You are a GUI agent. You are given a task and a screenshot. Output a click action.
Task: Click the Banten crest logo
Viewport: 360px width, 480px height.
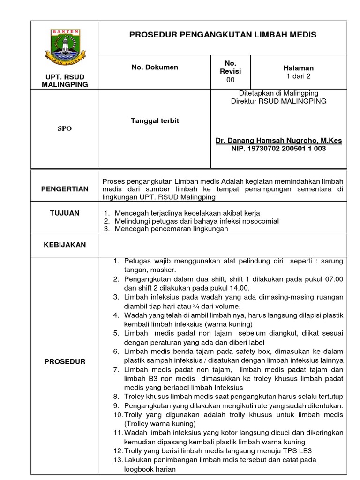[65, 45]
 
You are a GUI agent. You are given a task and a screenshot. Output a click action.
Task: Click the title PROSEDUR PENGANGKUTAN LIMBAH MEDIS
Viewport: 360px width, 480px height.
[223, 35]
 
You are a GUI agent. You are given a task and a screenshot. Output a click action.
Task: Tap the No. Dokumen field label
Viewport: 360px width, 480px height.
[155, 67]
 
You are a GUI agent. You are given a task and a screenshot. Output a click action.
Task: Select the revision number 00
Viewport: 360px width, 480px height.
[230, 80]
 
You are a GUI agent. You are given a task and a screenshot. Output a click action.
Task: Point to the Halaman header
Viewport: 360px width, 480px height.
[299, 68]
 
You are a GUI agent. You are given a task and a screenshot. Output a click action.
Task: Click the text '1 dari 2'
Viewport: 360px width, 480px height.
[299, 76]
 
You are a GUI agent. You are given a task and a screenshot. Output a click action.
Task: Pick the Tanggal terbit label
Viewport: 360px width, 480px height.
[155, 121]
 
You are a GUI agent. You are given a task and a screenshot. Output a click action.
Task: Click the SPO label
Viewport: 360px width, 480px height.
[65, 128]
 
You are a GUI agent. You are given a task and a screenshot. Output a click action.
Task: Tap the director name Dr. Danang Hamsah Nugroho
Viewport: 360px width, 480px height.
[278, 140]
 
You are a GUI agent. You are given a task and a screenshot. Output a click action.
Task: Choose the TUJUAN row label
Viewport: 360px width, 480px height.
[65, 213]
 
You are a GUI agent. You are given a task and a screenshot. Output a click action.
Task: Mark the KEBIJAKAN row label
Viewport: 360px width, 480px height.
[65, 244]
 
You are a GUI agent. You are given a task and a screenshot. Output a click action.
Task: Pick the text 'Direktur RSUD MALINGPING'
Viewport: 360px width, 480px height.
[278, 101]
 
